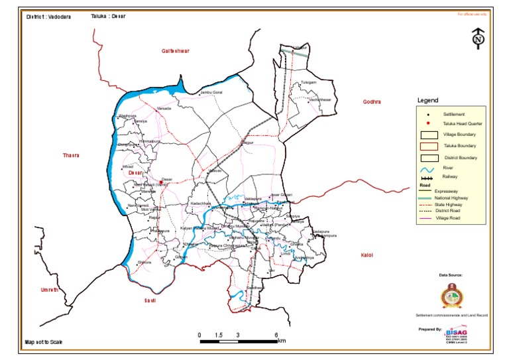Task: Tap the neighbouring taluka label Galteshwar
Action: coord(176,51)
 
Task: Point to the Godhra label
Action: coord(372,101)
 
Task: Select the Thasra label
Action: coord(71,155)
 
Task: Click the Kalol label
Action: coord(367,255)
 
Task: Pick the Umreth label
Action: coord(50,290)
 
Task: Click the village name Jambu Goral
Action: coord(212,92)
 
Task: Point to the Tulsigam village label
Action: coord(309,83)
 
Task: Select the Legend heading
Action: coord(427,101)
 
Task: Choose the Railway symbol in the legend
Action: coord(428,178)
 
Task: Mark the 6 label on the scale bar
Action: coord(276,335)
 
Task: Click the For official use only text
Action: coord(472,14)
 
